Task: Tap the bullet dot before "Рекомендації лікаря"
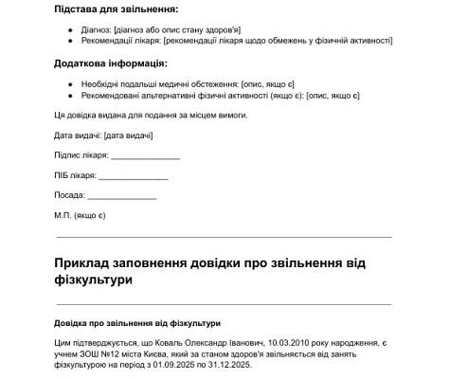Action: (x=74, y=41)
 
